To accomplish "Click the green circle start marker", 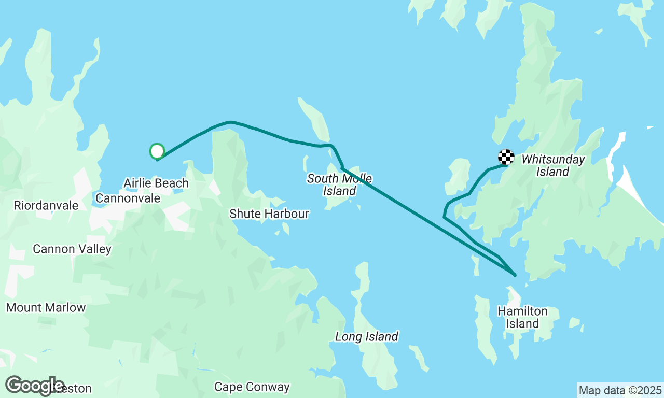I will point(157,151).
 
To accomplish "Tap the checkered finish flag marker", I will point(506,157).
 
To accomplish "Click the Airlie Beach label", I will point(156,183).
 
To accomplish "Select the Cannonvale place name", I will point(128,198).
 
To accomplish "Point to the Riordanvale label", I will point(46,205).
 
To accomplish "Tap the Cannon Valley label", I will point(72,249).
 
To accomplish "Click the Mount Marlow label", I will point(46,307).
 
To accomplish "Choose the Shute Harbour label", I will point(269,214).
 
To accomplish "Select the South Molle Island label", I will point(339,184).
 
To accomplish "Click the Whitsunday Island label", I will point(553,165).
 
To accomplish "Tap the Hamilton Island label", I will point(522,317).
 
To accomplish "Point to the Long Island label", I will point(366,337).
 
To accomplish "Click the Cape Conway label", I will point(252,387).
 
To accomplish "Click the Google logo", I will point(34,386).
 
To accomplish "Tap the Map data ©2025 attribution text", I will point(620,390).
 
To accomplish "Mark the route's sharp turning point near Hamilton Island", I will point(515,275).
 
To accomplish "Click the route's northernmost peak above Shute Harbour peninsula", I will point(231,122).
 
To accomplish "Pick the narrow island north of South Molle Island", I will point(315,119).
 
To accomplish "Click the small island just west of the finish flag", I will point(458,176).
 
